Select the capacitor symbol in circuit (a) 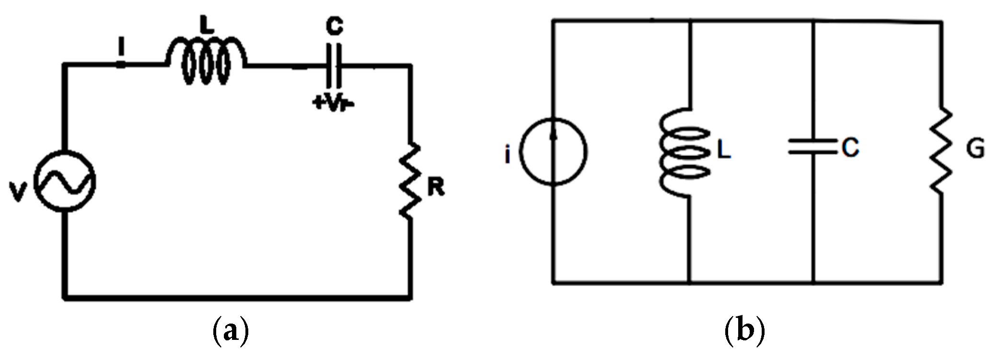point(334,65)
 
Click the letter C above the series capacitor point(334,26)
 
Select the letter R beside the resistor point(436,188)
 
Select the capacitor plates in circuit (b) point(813,146)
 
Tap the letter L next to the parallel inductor point(723,151)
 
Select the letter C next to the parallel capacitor point(849,148)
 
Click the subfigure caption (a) point(231,331)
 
